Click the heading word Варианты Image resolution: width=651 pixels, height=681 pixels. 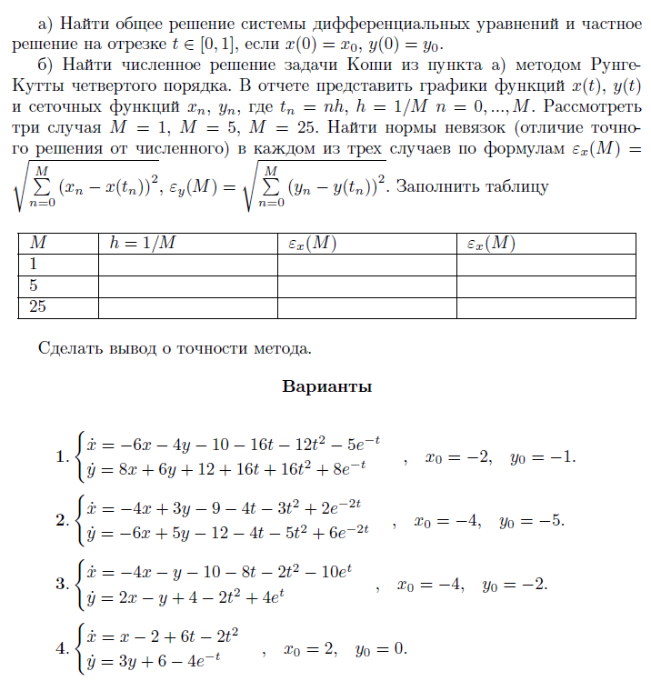(327, 386)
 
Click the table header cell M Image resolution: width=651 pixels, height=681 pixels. (38, 244)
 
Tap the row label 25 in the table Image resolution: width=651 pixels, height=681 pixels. (37, 307)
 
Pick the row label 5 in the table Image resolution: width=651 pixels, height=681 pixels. (34, 285)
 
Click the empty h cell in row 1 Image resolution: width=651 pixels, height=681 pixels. (187, 265)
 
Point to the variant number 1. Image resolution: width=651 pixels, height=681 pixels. (61, 456)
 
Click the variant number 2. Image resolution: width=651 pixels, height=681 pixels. (61, 521)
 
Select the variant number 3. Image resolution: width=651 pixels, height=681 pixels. (61, 584)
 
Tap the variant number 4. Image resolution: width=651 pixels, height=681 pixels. (61, 649)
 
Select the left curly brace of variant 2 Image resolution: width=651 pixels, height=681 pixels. (80, 521)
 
